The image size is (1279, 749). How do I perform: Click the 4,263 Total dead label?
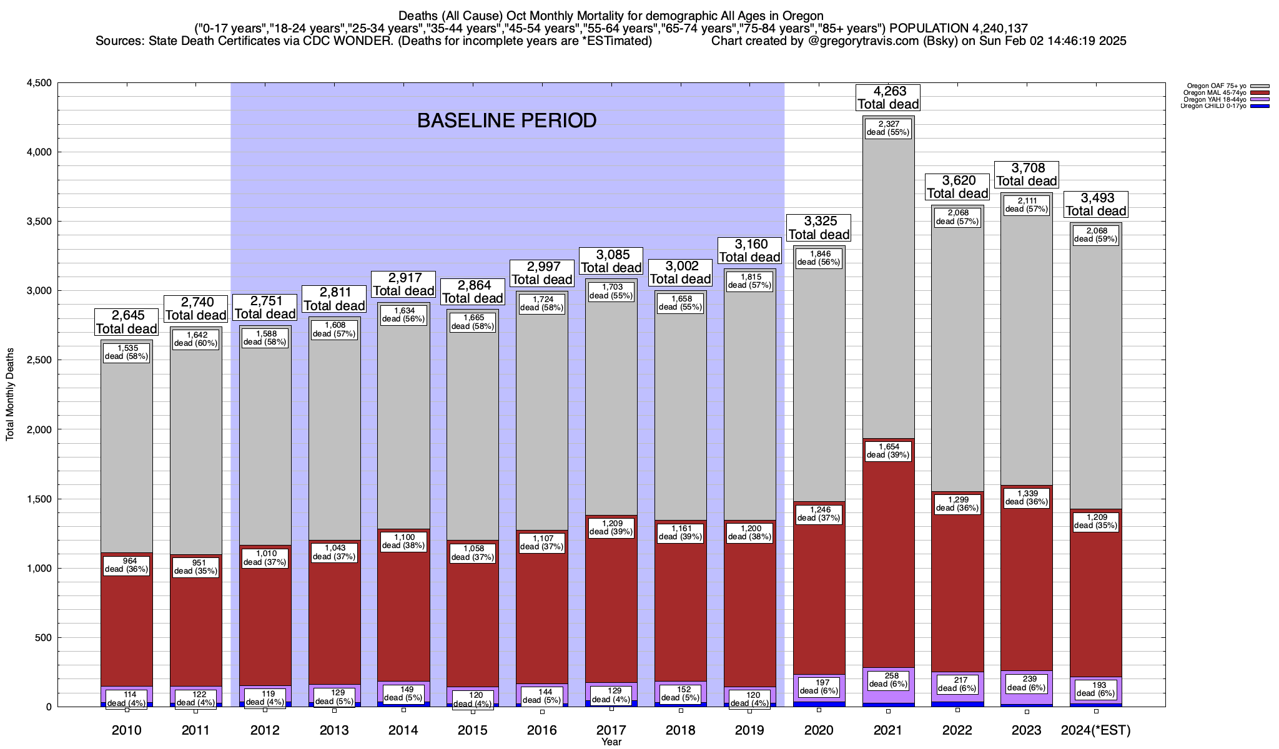tap(888, 97)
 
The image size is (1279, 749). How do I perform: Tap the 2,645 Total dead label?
tap(126, 322)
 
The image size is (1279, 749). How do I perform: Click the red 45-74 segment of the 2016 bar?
tap(541, 624)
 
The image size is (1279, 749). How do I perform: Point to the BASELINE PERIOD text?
tap(506, 120)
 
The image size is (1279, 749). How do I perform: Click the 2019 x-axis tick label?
tap(749, 730)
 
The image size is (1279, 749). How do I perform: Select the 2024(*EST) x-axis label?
tap(1096, 730)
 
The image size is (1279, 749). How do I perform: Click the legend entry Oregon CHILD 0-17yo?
tap(1215, 106)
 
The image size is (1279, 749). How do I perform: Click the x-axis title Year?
tap(611, 742)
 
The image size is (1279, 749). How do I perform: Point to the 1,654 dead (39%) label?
tap(888, 451)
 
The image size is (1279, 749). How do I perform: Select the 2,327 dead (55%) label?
tap(888, 128)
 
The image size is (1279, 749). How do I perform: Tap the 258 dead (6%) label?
tap(888, 680)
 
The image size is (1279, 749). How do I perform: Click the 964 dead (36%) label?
tap(126, 565)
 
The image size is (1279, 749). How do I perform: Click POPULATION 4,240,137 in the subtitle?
tap(959, 28)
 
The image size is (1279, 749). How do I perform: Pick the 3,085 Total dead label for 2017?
tap(611, 261)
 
